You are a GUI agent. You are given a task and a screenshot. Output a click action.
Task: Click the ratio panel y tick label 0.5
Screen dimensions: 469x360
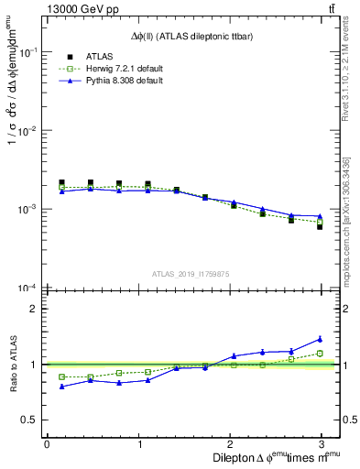[29, 420]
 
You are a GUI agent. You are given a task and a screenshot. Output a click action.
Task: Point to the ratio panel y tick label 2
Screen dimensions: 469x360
[34, 309]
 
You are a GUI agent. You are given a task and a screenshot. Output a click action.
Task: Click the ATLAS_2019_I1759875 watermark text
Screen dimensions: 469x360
[191, 273]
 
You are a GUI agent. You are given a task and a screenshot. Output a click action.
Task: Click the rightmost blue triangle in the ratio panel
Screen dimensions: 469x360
[320, 339]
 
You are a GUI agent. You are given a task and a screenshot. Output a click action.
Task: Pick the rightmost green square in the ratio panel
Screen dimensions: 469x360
[320, 353]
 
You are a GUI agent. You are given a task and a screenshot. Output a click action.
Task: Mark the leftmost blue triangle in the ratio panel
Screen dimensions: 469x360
[61, 387]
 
